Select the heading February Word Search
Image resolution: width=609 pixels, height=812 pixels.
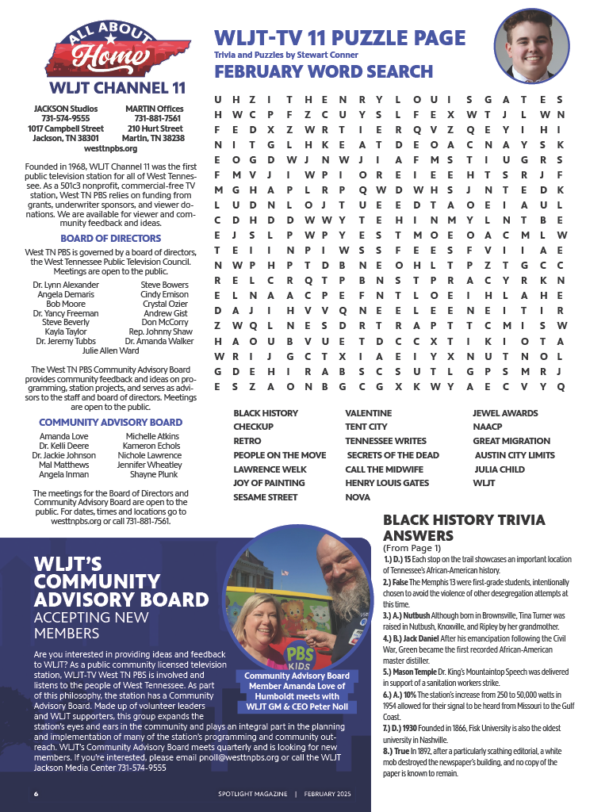pyautogui.click(x=324, y=71)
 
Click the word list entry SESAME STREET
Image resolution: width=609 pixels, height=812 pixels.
pyautogui.click(x=265, y=497)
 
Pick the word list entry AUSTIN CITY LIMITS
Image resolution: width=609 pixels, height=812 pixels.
pyautogui.click(x=515, y=455)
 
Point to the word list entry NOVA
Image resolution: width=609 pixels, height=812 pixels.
pyautogui.click(x=358, y=497)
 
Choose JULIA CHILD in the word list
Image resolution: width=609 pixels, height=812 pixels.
pyautogui.click(x=500, y=469)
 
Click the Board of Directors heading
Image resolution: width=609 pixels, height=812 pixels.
pyautogui.click(x=110, y=238)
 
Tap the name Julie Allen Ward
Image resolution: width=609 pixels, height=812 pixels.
pyautogui.click(x=110, y=350)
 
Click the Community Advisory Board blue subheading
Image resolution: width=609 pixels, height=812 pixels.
pyautogui.click(x=110, y=423)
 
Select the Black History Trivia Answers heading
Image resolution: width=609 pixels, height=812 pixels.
pyautogui.click(x=464, y=527)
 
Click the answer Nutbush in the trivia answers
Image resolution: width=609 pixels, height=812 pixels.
pyautogui.click(x=418, y=614)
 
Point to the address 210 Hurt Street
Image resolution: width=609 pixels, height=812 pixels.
pyautogui.click(x=155, y=128)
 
